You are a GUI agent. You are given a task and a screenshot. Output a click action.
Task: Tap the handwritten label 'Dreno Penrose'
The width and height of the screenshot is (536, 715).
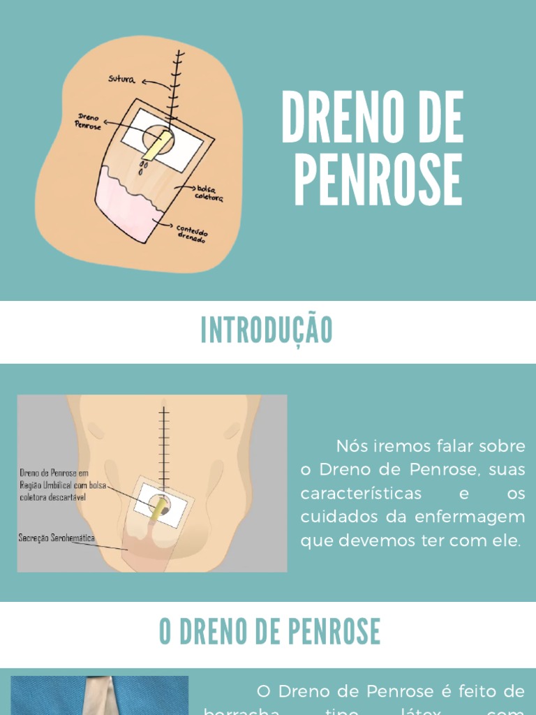[88, 123]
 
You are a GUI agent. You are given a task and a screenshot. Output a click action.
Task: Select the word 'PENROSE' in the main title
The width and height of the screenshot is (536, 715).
[378, 180]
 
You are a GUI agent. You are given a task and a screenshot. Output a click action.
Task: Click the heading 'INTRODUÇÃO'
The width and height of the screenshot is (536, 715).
[267, 330]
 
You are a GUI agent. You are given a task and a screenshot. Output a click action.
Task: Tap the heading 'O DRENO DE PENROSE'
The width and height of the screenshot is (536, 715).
[269, 631]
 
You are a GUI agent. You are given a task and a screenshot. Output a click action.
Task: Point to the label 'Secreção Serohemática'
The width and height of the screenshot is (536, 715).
[57, 538]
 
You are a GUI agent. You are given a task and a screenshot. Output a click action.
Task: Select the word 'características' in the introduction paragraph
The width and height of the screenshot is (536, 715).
[361, 494]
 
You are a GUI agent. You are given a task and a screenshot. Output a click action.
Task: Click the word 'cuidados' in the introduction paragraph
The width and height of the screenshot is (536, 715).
[336, 517]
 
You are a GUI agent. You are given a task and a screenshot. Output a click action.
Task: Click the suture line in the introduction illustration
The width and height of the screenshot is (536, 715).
[164, 447]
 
